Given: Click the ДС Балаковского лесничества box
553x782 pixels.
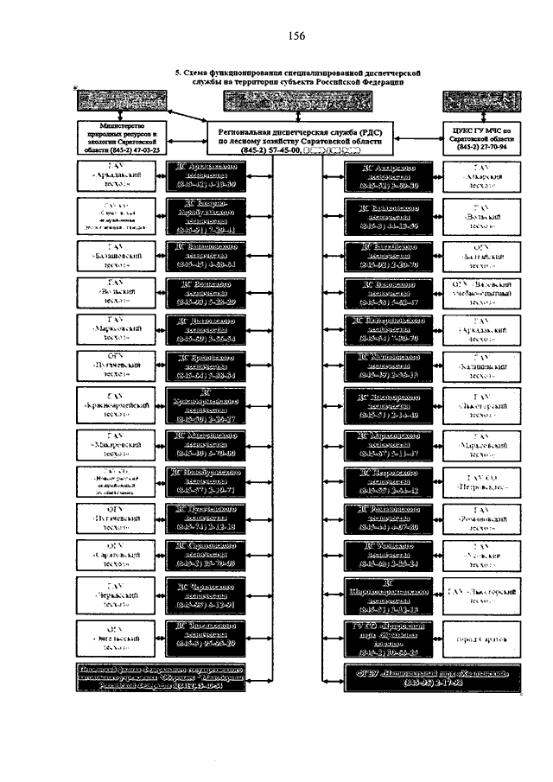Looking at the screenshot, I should click(x=391, y=214).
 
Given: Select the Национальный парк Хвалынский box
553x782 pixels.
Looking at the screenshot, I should click(x=429, y=676).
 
